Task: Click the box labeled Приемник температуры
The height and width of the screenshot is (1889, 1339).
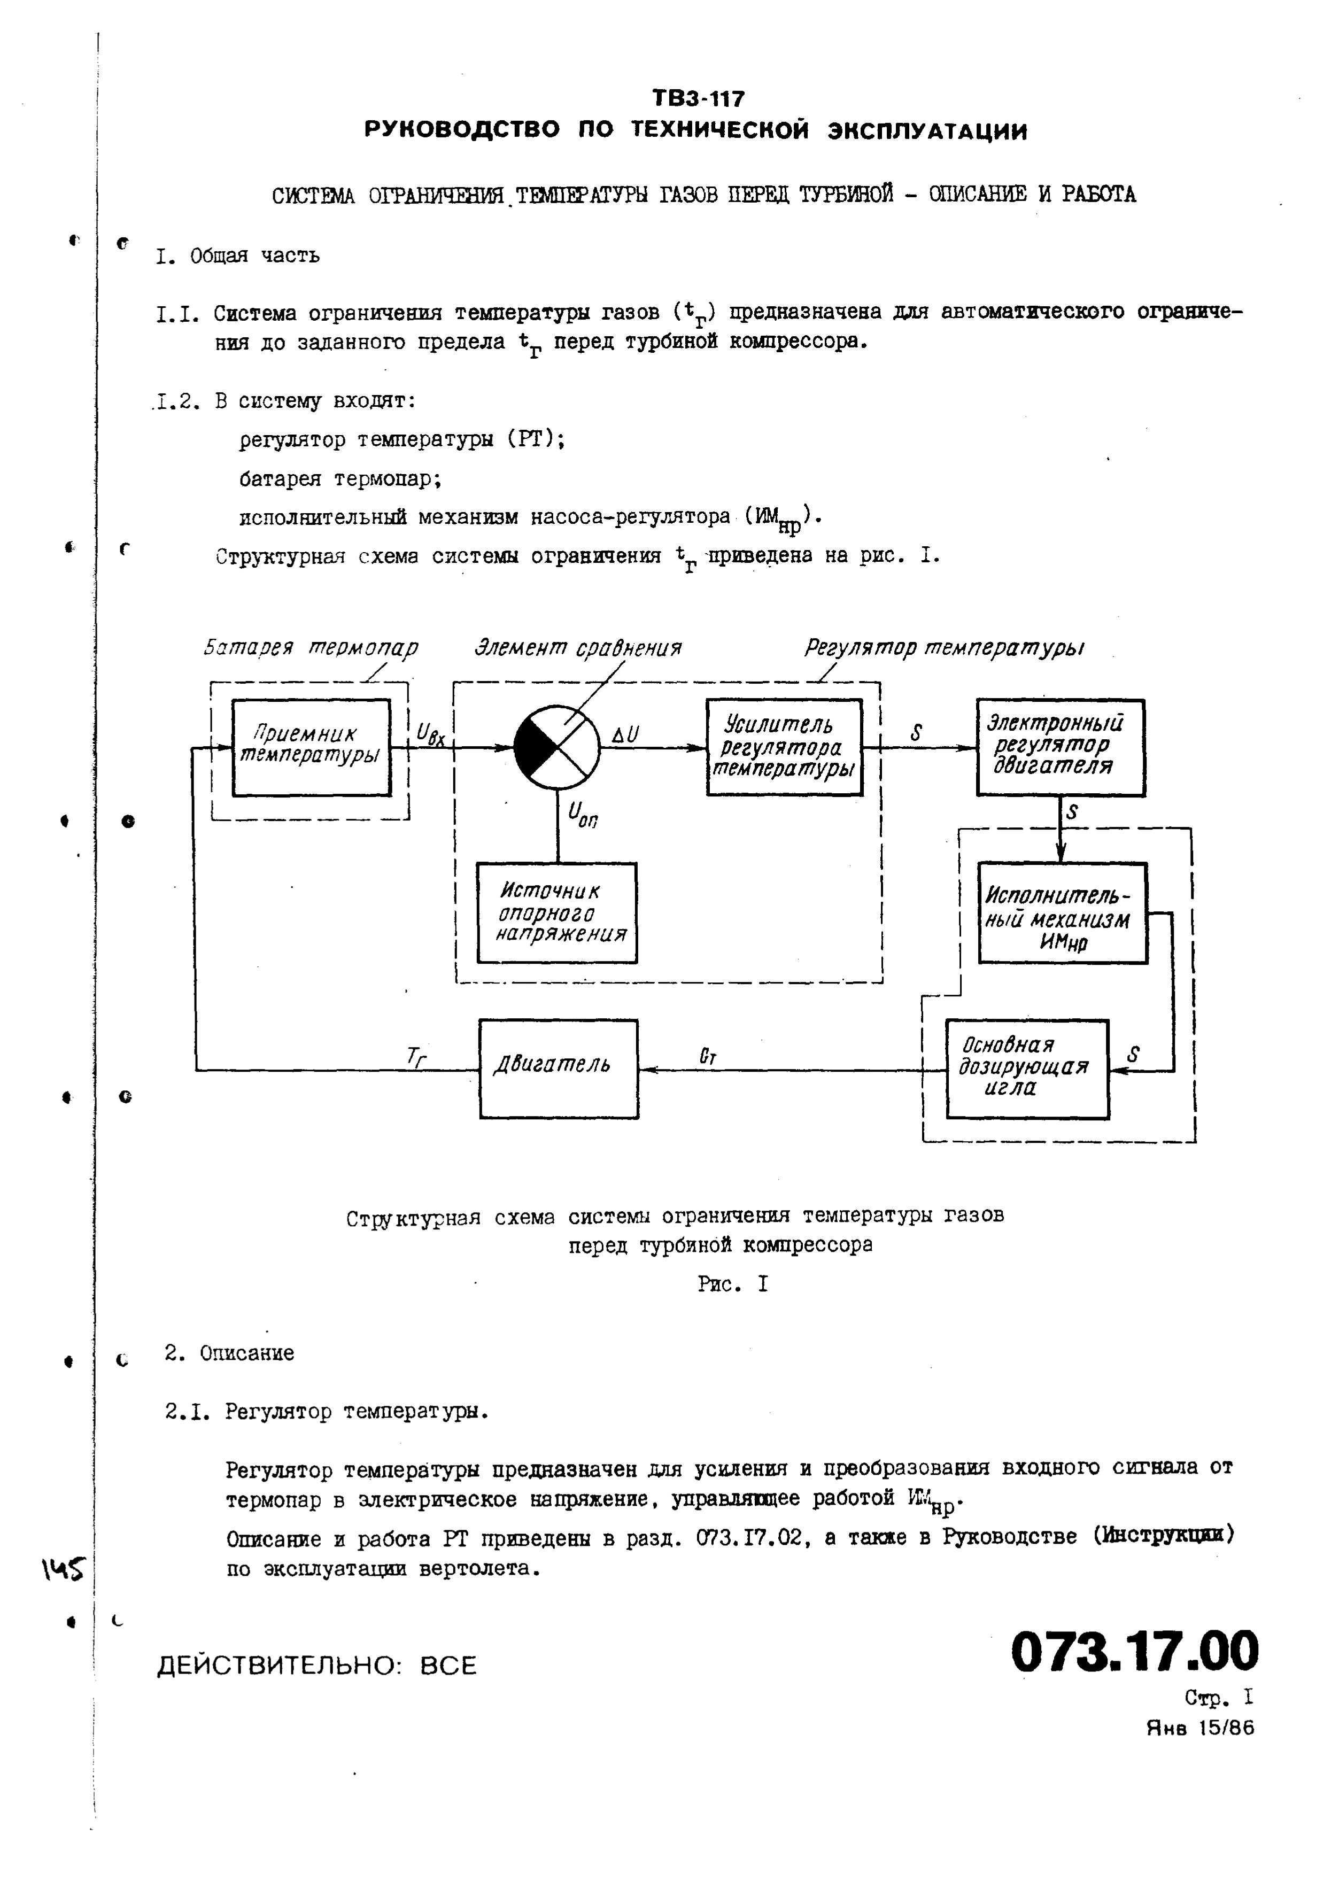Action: point(311,747)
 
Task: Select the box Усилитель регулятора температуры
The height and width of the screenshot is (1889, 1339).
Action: point(784,747)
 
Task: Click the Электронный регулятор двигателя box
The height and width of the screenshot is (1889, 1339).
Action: point(1061,747)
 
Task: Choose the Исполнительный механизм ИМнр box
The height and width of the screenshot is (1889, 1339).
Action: point(1062,913)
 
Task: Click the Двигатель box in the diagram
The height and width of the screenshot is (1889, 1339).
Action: point(558,1069)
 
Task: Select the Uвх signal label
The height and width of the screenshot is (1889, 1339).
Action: point(430,733)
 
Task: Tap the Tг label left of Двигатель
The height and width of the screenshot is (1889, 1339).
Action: point(417,1056)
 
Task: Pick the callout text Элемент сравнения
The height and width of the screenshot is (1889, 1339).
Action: point(578,648)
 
